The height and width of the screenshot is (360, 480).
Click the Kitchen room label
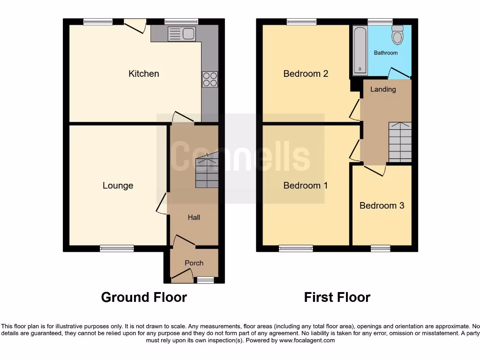pos(144,74)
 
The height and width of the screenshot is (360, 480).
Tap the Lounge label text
pos(118,186)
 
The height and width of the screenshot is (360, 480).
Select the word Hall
pos(194,217)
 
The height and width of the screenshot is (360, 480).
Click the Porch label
pos(194,263)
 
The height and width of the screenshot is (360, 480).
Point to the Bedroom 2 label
pos(306,74)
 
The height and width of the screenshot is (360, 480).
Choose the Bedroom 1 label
pos(306,186)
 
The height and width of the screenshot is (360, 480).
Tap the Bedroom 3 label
pos(382,205)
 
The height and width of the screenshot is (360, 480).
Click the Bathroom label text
pos(386,53)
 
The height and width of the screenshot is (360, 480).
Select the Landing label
pos(383,89)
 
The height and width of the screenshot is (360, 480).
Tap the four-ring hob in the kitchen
pos(210,79)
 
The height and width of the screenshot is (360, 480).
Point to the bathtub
pos(360,50)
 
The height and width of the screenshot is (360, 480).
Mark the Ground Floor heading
pos(144,297)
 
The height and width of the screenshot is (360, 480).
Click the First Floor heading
pos(337,297)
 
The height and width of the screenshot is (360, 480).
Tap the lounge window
pos(117,248)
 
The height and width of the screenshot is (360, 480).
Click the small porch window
pos(204,280)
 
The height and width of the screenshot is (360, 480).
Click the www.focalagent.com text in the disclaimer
pos(307,340)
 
